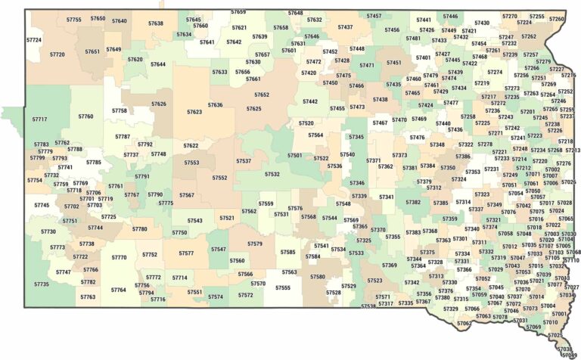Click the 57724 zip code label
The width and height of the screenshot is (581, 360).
34,39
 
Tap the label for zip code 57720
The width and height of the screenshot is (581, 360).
57,54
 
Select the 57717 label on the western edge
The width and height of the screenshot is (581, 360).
39,119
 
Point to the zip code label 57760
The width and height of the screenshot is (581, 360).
85,116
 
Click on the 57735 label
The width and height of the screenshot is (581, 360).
41,284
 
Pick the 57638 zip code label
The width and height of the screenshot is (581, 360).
156,23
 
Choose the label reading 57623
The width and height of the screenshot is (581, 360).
194,112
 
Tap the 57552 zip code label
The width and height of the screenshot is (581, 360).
219,178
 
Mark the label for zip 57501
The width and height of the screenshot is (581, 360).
295,155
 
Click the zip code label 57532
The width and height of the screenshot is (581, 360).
272,174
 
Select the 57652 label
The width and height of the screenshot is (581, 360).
262,95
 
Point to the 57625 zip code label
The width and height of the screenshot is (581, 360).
254,109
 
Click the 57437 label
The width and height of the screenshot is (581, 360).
345,27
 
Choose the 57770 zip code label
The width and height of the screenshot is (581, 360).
119,257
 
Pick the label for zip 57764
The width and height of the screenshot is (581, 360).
119,290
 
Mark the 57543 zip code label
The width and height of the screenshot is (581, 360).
195,221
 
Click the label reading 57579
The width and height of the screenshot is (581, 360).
255,244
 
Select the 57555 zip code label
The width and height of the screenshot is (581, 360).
283,287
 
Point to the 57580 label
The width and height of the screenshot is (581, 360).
318,277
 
